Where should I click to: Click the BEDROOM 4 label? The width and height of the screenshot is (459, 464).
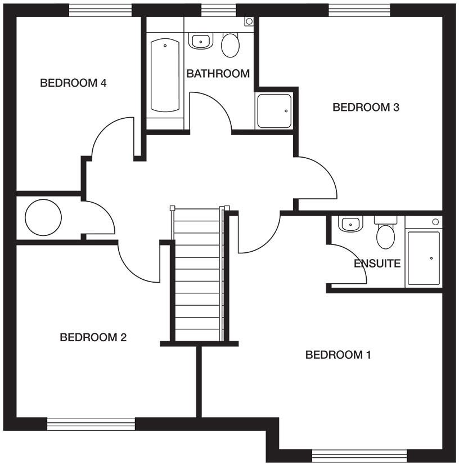coord(73,83)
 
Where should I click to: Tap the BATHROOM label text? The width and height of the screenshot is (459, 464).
coord(218,74)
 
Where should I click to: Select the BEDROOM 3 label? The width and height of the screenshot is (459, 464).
coord(366,107)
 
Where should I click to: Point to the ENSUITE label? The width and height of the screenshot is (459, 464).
coord(377,263)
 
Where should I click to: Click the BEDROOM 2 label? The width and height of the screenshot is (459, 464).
coord(93,337)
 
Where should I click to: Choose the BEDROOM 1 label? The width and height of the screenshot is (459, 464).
coord(338,355)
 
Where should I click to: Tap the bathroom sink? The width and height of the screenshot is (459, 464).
coord(200,41)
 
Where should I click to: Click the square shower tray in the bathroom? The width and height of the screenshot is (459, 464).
coord(274,111)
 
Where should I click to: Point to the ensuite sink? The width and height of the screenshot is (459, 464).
coord(350,224)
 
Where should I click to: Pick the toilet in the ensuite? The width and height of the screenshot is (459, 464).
coord(386,234)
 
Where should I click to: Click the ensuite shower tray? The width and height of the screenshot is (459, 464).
coord(423,257)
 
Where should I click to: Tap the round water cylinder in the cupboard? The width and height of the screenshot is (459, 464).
coord(43,217)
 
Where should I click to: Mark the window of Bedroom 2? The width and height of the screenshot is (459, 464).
coord(91,423)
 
